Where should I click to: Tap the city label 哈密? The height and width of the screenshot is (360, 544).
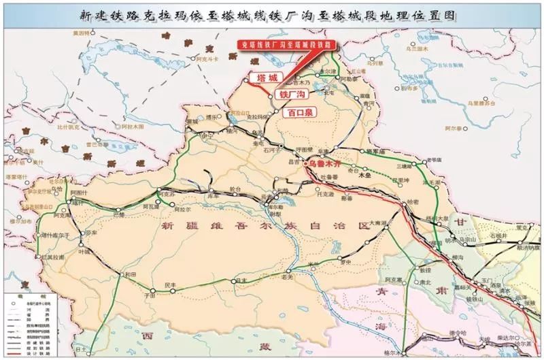pyautogui.click(x=413, y=202)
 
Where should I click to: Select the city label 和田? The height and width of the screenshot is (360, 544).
pyautogui.click(x=129, y=274)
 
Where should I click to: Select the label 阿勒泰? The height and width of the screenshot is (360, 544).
pyautogui.click(x=347, y=78)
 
